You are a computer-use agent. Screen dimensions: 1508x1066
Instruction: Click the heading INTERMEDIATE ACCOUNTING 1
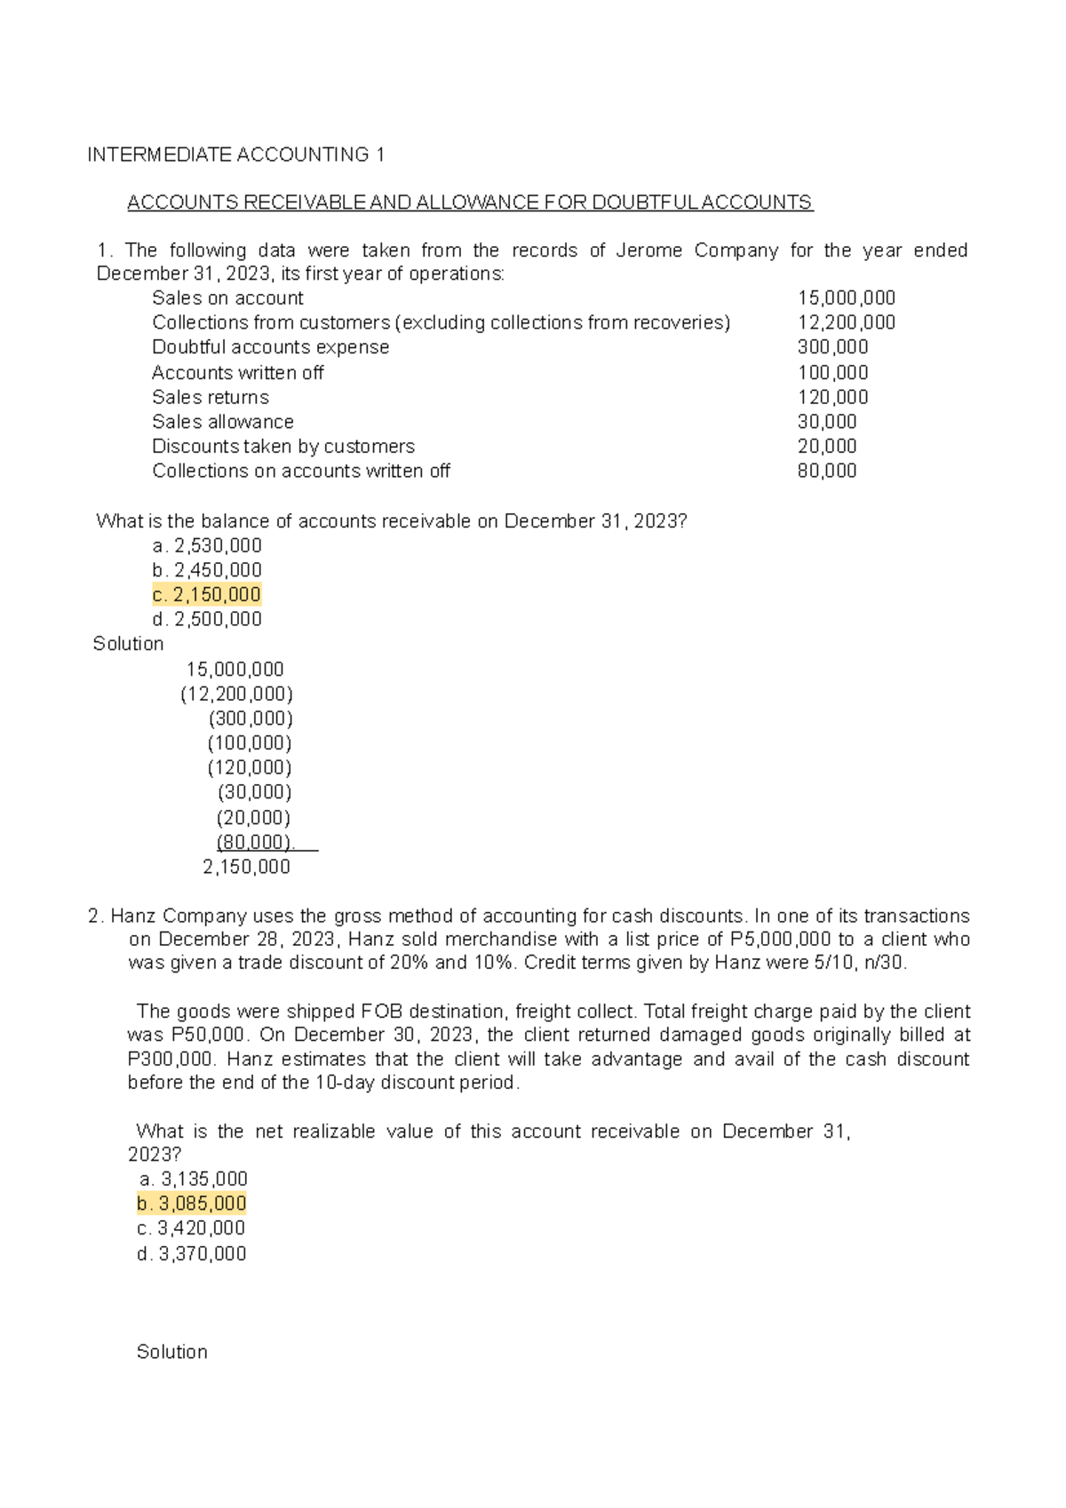235,155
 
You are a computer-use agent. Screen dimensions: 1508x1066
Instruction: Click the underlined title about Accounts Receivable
469,202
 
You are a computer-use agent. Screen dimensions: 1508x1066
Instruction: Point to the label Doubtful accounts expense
270,347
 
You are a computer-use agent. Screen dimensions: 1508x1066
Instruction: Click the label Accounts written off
237,373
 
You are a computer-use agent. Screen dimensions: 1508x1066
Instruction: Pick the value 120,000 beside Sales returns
832,397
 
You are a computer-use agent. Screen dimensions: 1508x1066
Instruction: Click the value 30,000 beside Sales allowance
827,422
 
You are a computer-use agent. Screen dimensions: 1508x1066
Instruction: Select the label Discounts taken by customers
282,447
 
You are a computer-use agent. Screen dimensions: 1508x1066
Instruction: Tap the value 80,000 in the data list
827,471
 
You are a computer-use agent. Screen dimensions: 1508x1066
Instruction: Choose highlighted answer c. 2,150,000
206,594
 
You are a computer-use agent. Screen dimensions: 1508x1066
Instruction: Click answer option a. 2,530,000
206,545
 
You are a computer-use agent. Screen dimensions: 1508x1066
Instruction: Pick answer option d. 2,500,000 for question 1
206,619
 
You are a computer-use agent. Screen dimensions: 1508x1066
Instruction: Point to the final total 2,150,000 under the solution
246,867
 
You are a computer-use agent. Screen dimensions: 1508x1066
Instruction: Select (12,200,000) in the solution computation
236,694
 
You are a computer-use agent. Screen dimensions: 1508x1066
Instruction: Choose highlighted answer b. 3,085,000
191,1203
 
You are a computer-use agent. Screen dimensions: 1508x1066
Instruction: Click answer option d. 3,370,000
191,1253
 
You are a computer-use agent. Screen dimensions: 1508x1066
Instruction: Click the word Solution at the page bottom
171,1352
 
